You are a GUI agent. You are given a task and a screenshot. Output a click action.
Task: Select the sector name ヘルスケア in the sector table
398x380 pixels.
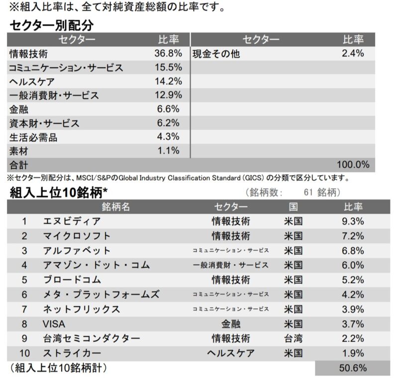pyautogui.click(x=32, y=82)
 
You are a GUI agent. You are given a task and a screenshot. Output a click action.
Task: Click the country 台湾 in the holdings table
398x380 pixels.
pyautogui.click(x=293, y=339)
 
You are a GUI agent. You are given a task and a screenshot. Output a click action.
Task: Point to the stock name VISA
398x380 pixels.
pyautogui.click(x=55, y=324)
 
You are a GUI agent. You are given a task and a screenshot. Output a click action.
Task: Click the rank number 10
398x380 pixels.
pyautogui.click(x=24, y=354)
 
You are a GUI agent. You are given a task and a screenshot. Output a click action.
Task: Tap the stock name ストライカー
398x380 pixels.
pyautogui.click(x=72, y=354)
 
